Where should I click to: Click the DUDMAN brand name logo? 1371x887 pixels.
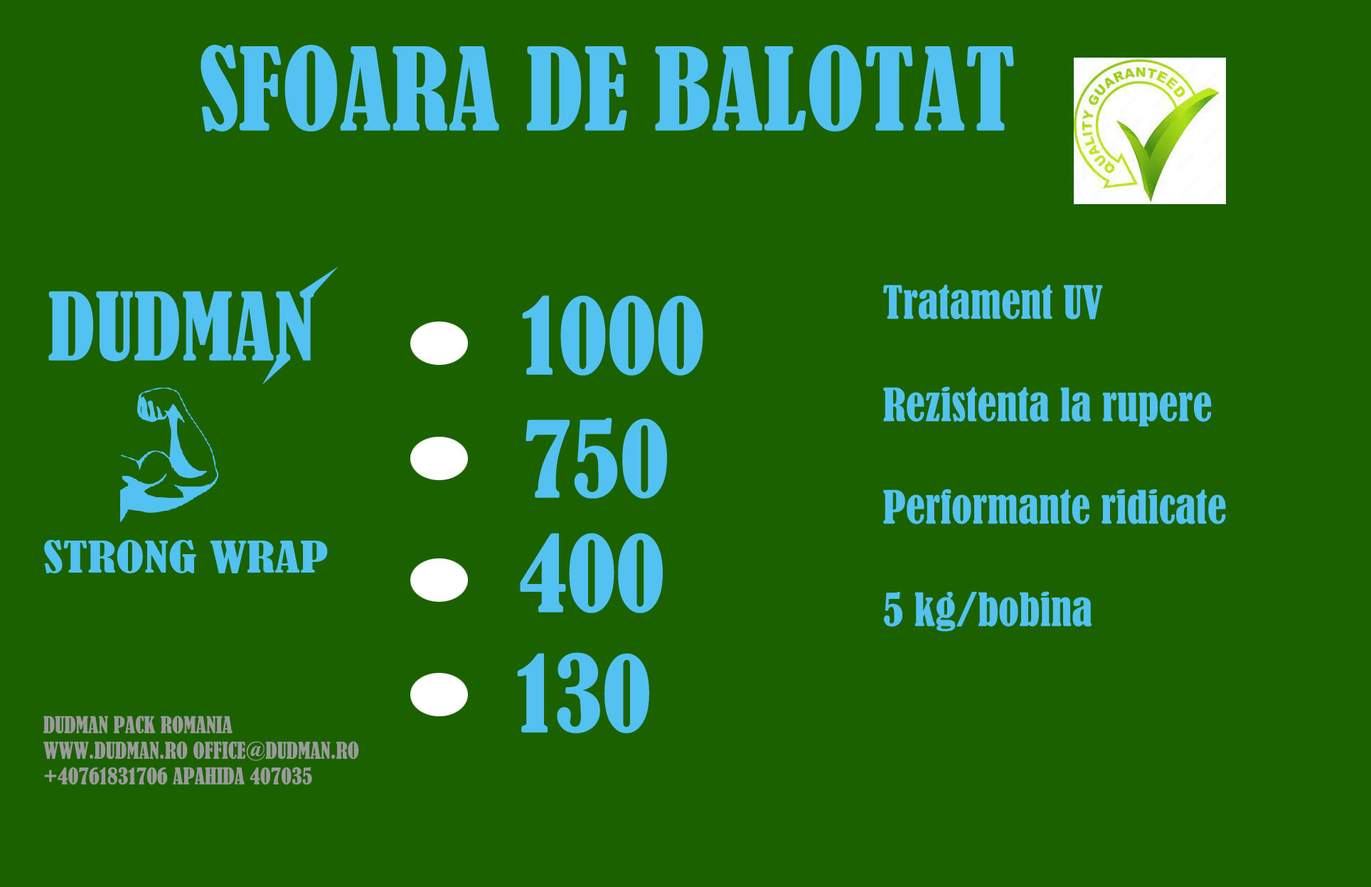click(x=181, y=327)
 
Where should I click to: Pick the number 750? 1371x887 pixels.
click(x=596, y=458)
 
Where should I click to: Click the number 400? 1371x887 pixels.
click(x=592, y=573)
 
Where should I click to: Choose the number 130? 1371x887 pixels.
click(x=583, y=694)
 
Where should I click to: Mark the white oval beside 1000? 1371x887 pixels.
click(x=439, y=343)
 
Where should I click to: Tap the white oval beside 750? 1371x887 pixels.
click(x=439, y=458)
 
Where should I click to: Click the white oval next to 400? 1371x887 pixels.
click(x=439, y=580)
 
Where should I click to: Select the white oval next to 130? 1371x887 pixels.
click(x=439, y=694)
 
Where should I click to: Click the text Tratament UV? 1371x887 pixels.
click(x=992, y=302)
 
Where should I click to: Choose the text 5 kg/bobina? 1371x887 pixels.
click(x=987, y=610)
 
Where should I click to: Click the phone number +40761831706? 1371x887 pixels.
click(x=105, y=776)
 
